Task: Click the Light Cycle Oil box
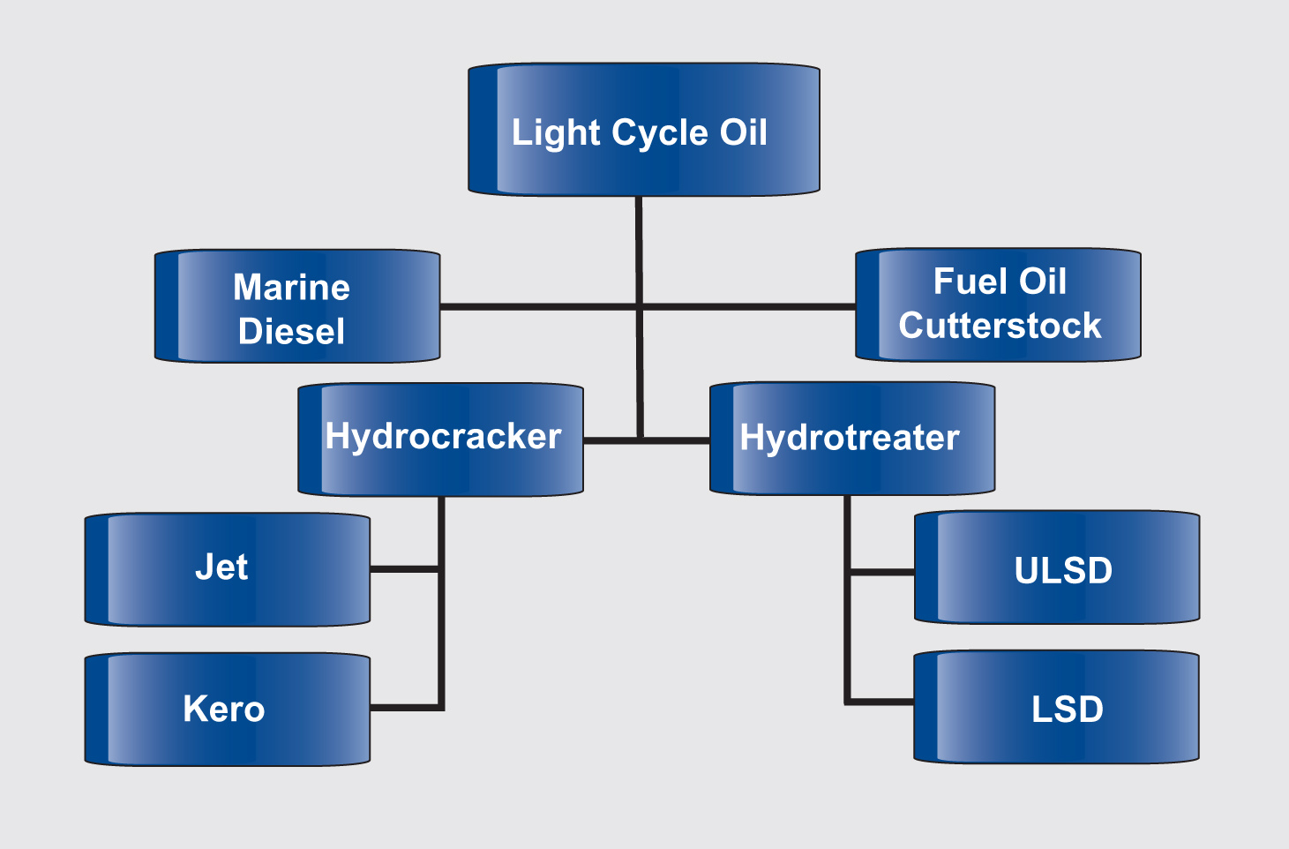click(643, 130)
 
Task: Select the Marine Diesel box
click(297, 306)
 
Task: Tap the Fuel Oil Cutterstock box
click(998, 304)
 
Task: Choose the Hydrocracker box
click(440, 439)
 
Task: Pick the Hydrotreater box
click(852, 439)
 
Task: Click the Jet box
click(227, 569)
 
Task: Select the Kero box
click(227, 709)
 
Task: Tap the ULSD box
click(1057, 567)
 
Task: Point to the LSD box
click(1057, 707)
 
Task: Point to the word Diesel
click(291, 332)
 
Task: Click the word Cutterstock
click(1000, 326)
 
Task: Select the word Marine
click(291, 288)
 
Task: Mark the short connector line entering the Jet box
click(404, 569)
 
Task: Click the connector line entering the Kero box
click(404, 707)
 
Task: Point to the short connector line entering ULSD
click(881, 572)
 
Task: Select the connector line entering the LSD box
click(880, 702)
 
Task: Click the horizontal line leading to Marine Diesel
click(538, 306)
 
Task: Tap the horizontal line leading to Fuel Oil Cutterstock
click(750, 306)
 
